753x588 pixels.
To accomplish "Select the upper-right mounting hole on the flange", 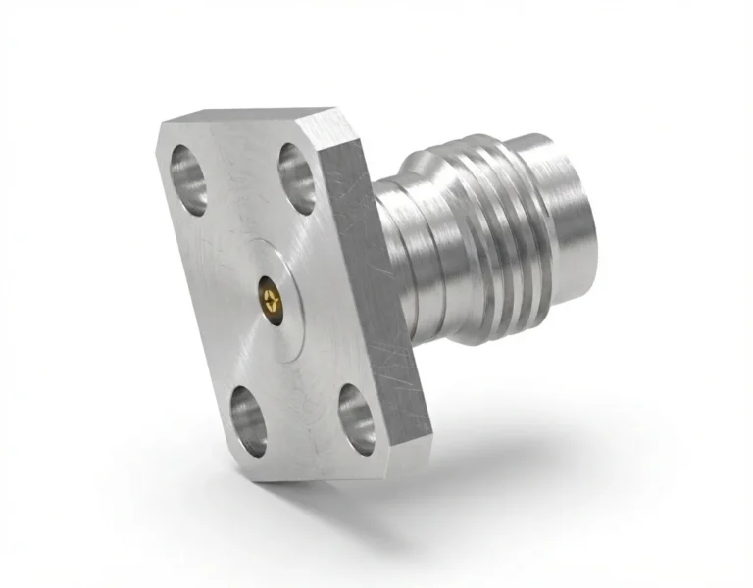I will pyautogui.click(x=296, y=178).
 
